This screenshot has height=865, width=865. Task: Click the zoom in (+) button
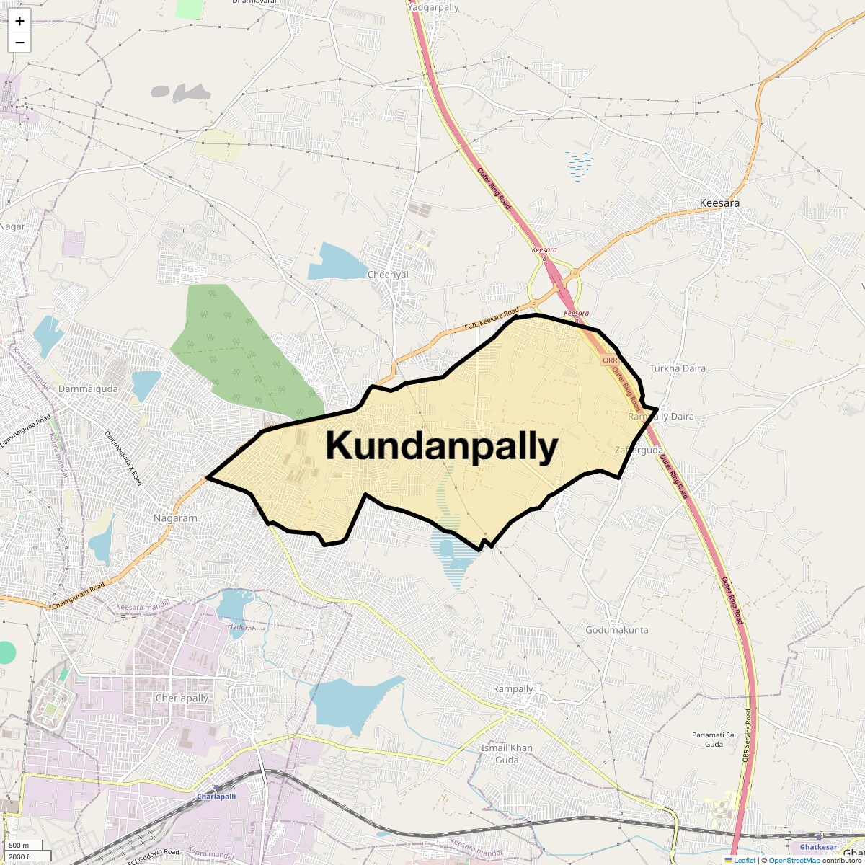[19, 21]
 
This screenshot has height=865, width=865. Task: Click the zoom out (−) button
[19, 42]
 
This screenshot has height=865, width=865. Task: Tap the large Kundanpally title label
[441, 446]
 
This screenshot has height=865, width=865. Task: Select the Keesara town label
[719, 203]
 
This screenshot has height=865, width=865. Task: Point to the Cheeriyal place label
[388, 275]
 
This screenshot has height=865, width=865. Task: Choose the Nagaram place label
[175, 518]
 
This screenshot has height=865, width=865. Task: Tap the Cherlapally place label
[182, 698]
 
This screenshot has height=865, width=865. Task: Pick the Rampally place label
[513, 688]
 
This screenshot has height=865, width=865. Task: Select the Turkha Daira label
[678, 368]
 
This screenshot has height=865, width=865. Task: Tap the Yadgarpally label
[433, 7]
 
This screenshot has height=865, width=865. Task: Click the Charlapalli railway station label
[216, 797]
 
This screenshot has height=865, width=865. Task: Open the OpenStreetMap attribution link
[794, 860]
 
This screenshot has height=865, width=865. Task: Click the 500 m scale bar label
[19, 846]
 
